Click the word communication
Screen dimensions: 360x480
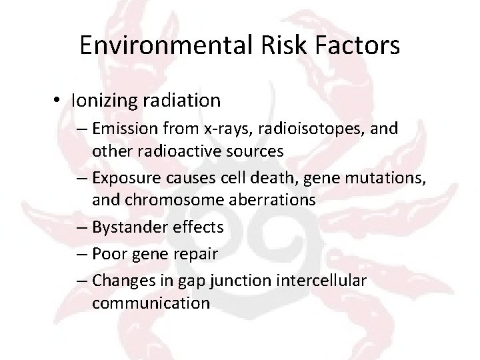[x=151, y=303]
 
